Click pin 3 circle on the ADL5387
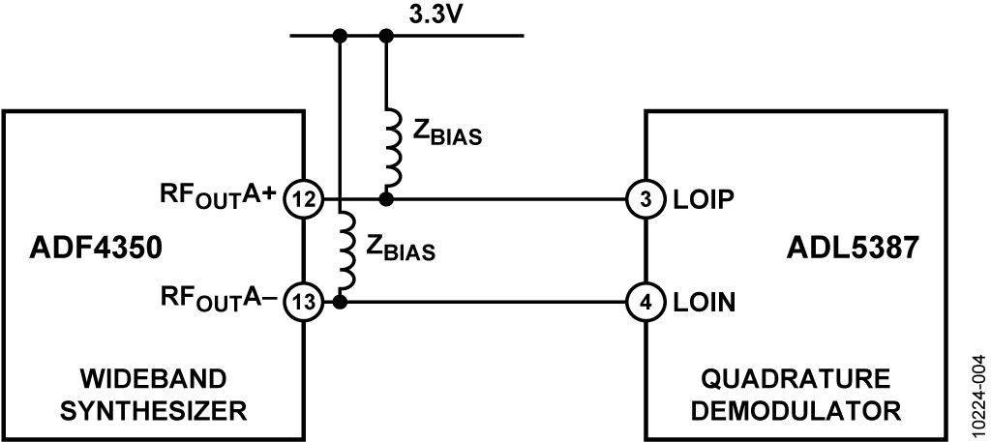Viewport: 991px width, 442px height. [x=646, y=199]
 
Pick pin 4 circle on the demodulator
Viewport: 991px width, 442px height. [x=646, y=303]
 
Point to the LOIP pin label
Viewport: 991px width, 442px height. [x=703, y=199]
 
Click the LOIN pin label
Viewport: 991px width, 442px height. [x=705, y=303]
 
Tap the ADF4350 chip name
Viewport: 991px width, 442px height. [x=96, y=249]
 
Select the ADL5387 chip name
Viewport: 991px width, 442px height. [x=852, y=249]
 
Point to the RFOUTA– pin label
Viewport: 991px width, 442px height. [x=218, y=299]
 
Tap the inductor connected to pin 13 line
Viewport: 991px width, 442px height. [x=347, y=250]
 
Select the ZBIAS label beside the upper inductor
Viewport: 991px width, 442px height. [x=447, y=133]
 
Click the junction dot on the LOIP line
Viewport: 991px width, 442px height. [x=386, y=199]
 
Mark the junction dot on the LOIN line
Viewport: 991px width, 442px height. [x=340, y=303]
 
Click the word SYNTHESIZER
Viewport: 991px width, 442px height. [x=153, y=412]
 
